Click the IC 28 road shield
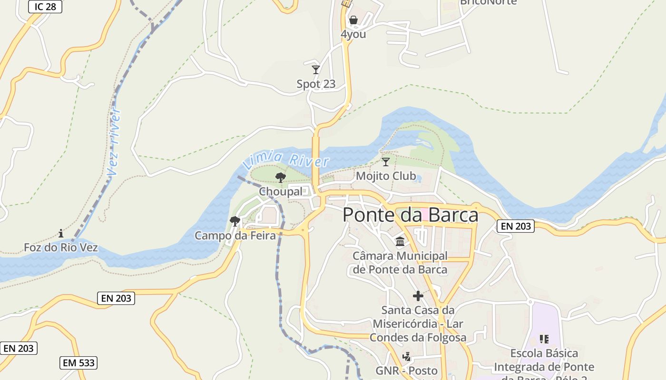[x=45, y=7]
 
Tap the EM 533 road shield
[x=78, y=363]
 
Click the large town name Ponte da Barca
[x=410, y=215]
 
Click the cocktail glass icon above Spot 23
[x=316, y=70]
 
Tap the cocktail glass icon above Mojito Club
[x=386, y=162]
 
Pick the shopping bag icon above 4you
[x=353, y=20]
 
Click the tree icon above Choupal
[x=281, y=178]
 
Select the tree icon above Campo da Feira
[x=235, y=221]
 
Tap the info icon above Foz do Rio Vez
[x=61, y=233]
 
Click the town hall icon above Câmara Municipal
[x=400, y=242]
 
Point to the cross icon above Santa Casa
[x=418, y=296]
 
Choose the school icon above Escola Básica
[x=544, y=339]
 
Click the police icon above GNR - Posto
[x=406, y=356]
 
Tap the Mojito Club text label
[x=386, y=176]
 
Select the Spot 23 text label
[x=316, y=84]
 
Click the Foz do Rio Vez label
[x=61, y=247]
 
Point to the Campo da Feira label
[x=235, y=235]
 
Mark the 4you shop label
[x=353, y=34]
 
